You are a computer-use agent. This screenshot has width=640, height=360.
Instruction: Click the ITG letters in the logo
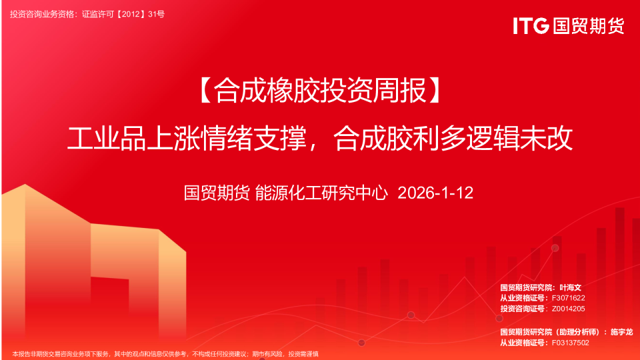(531, 26)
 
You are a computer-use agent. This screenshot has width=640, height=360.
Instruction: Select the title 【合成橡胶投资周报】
(319, 92)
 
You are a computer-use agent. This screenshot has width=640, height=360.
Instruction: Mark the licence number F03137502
(571, 342)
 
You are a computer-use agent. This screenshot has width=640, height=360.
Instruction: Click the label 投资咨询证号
(522, 309)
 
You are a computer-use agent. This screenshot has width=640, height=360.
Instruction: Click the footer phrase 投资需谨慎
(303, 353)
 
